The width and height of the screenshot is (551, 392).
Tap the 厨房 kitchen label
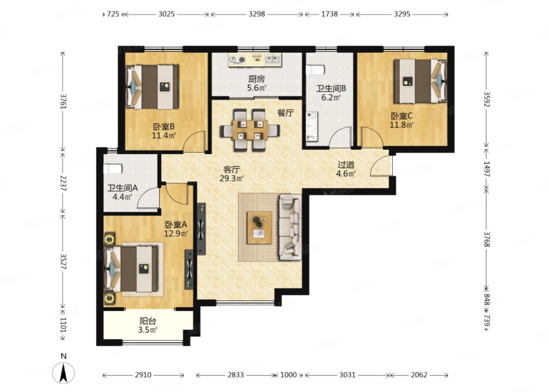[x=256, y=79]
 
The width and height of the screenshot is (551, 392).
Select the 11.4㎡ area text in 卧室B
[x=164, y=136]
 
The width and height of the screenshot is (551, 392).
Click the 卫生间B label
[x=331, y=88]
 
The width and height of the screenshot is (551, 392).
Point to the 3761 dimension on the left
[x=63, y=101]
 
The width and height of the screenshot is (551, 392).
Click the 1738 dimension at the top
[x=329, y=14]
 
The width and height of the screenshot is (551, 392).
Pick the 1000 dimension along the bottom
[x=288, y=375]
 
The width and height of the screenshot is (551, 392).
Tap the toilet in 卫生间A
[x=112, y=169]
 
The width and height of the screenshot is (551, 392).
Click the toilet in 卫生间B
[x=316, y=70]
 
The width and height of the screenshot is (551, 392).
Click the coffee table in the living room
[x=259, y=228]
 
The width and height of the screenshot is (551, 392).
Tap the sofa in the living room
[x=290, y=227]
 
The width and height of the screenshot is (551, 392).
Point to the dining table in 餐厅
[x=250, y=130]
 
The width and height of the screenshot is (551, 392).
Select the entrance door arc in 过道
[x=381, y=166]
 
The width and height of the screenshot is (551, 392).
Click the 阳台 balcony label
[x=148, y=321]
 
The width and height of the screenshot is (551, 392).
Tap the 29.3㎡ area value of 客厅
[x=231, y=178]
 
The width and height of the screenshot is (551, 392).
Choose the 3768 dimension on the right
[x=487, y=239]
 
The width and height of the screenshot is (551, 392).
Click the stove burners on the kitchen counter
[x=237, y=60]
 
